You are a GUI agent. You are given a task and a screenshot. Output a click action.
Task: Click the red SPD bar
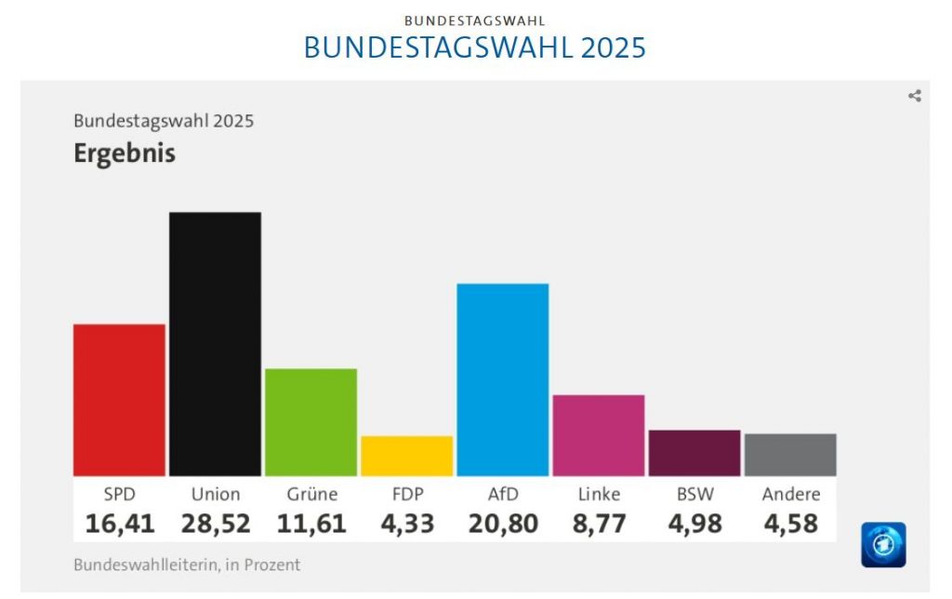(119, 400)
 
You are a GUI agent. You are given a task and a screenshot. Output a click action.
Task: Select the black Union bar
(215, 344)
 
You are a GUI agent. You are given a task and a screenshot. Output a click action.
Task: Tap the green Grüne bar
(311, 422)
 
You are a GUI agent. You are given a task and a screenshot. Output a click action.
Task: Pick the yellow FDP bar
(406, 456)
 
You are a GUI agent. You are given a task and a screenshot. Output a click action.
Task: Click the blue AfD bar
(503, 379)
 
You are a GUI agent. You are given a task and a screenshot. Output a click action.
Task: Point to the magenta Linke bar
(599, 435)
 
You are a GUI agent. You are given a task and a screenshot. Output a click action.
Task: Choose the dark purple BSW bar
(694, 453)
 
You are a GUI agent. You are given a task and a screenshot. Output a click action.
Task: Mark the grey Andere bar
(790, 455)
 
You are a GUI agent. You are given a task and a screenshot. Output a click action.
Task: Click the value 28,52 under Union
(216, 524)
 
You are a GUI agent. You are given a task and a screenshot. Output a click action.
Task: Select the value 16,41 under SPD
(120, 524)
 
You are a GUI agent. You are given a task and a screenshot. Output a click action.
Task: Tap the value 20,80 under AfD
(503, 524)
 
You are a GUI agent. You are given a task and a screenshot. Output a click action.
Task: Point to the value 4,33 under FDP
(407, 524)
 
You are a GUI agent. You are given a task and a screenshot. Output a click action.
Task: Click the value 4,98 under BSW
(694, 524)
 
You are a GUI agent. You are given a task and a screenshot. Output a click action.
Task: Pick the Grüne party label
(311, 494)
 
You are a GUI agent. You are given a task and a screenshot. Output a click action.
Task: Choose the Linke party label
(599, 494)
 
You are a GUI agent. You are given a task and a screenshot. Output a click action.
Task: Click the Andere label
(790, 494)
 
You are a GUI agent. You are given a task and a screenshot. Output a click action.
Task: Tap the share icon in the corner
(915, 96)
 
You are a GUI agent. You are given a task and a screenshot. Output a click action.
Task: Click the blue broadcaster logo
(883, 545)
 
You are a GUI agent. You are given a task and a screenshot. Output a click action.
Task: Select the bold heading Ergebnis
(125, 153)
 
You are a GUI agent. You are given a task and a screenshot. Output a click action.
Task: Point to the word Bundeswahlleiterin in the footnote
(139, 565)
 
